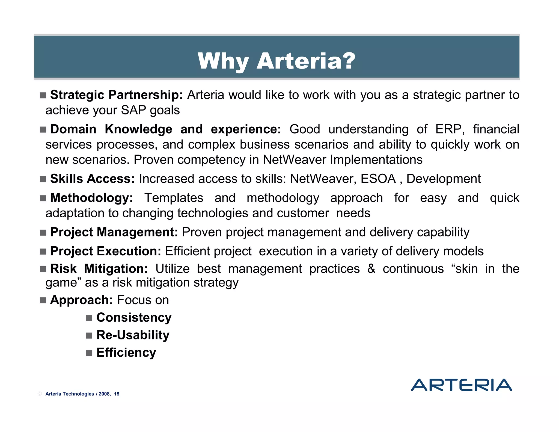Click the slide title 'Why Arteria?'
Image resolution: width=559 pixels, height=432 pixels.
pyautogui.click(x=276, y=61)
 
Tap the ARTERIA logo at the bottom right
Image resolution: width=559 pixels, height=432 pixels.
pyautogui.click(x=461, y=385)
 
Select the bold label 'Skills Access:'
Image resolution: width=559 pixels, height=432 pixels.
pyautogui.click(x=92, y=179)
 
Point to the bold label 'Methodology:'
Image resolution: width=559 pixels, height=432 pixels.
pyautogui.click(x=91, y=198)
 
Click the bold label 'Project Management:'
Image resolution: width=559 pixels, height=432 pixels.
pyautogui.click(x=114, y=232)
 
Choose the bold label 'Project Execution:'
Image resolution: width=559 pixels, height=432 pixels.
pyautogui.click(x=106, y=251)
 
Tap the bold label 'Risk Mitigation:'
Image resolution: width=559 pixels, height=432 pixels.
pyautogui.click(x=99, y=269)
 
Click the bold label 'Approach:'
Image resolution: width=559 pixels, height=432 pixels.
pyautogui.click(x=81, y=300)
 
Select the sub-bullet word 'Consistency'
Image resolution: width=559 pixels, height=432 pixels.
pyautogui.click(x=134, y=318)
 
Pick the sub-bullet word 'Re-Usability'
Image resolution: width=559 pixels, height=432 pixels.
pyautogui.click(x=133, y=335)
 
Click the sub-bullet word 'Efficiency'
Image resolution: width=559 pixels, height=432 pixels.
pyautogui.click(x=126, y=353)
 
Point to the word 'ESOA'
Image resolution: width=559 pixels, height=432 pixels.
pyautogui.click(x=378, y=179)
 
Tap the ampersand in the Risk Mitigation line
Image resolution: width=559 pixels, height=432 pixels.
pyautogui.click(x=371, y=269)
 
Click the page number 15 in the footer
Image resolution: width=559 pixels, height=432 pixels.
pyautogui.click(x=117, y=394)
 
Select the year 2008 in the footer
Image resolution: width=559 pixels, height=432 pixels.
pyautogui.click(x=104, y=394)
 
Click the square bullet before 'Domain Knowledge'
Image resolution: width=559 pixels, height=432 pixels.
pyautogui.click(x=43, y=130)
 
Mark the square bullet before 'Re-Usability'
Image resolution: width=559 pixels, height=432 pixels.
pyautogui.click(x=89, y=335)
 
